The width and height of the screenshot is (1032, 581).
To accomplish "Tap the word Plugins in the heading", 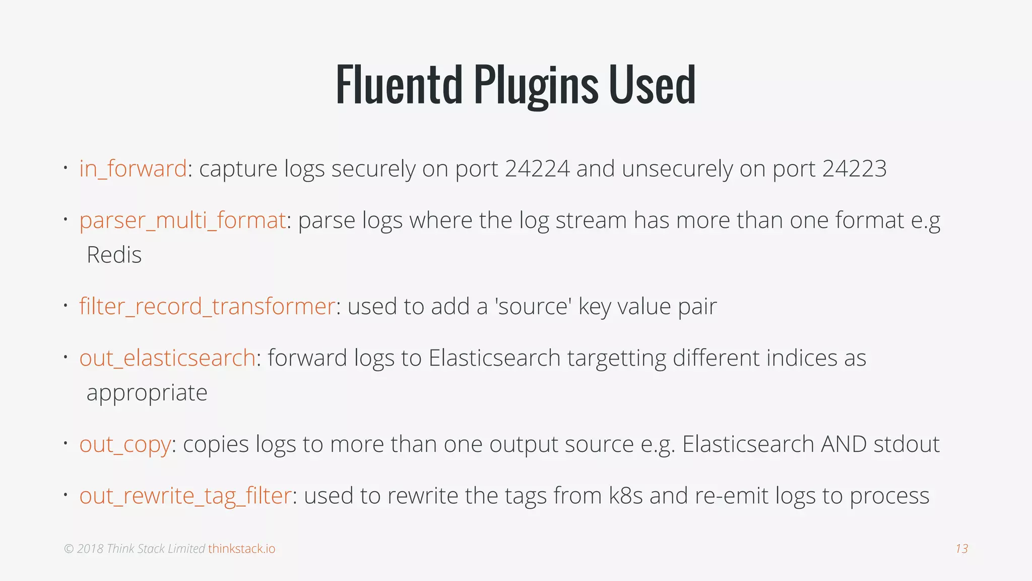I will coord(536,86).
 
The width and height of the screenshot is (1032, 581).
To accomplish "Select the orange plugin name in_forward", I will coord(133,169).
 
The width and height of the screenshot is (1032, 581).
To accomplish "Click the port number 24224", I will coord(537,169).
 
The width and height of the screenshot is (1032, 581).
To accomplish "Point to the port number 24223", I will coord(854,169).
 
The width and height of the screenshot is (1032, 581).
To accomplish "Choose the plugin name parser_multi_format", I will coord(182,221).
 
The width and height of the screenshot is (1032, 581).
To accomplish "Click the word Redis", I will coord(114,255).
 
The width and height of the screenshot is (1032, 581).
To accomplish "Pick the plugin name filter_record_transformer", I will coord(207,307).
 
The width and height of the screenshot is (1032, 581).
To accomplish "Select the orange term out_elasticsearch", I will coord(167,359).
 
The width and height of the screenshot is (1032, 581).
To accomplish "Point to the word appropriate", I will coord(147,393).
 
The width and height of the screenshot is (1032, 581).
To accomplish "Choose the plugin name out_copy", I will coord(125,445).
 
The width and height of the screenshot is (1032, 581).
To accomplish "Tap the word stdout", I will coord(907,444).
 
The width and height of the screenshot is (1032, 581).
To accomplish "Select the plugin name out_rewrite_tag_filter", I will coord(185,496).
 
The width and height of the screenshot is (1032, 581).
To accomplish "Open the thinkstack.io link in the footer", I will coord(242,549).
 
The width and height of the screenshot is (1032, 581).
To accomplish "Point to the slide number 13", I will coord(961,549).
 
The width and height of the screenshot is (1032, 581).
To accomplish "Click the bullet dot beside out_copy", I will coord(66,443).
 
